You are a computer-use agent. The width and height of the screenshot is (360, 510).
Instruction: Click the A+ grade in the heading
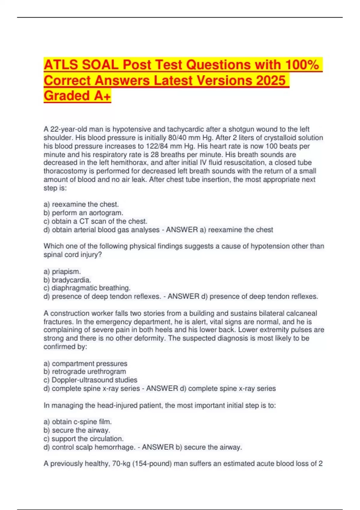[102, 96]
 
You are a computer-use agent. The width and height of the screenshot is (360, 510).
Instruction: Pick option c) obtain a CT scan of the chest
[95, 221]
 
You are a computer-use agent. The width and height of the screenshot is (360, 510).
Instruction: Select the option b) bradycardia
[67, 280]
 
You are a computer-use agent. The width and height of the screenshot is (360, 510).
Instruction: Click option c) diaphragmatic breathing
[87, 288]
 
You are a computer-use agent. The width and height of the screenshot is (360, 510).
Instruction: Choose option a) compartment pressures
[85, 364]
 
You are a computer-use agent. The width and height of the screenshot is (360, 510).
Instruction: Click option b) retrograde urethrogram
[85, 372]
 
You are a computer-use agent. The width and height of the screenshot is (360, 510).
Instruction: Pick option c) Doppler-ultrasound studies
[91, 380]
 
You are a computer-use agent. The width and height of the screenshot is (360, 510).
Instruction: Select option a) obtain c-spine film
[78, 422]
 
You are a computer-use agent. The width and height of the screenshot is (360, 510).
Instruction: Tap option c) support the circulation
[84, 439]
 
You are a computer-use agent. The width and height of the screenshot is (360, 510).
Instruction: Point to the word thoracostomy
[64, 171]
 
